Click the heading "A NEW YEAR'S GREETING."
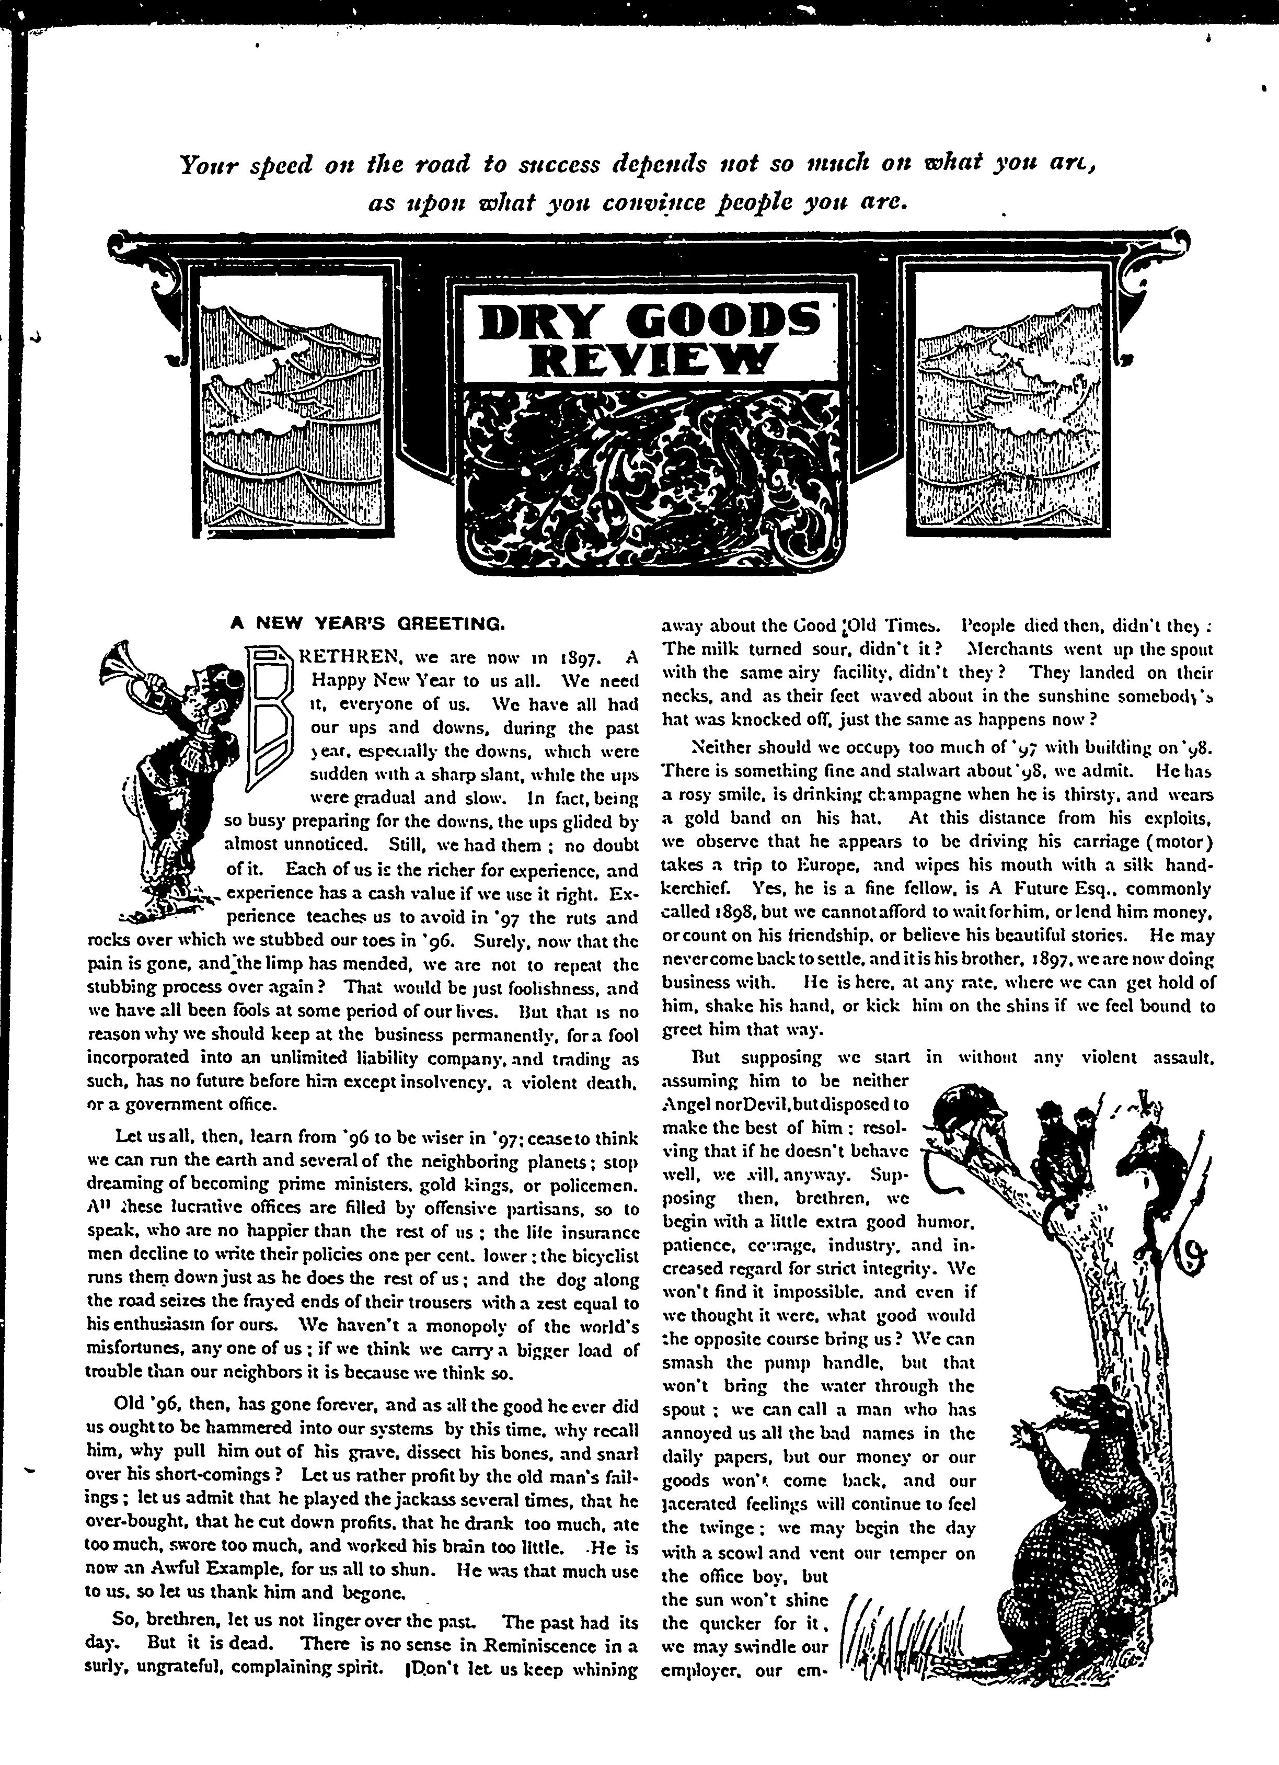click(x=370, y=623)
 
